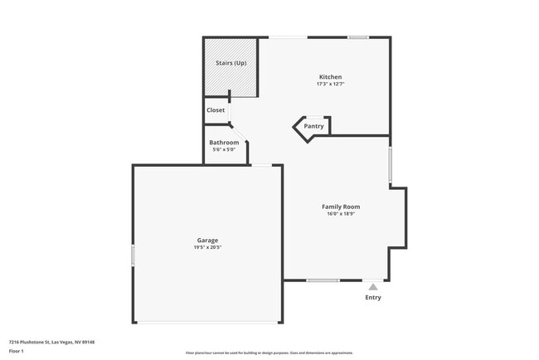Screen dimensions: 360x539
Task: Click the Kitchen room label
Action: coord(329,77)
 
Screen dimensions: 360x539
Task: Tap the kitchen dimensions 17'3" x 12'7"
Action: coord(329,85)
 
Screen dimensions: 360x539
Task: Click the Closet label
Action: coord(216,110)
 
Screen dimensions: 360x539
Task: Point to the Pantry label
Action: coord(313,127)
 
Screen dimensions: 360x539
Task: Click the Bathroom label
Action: coord(224,143)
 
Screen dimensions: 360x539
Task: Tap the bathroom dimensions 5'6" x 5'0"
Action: coord(224,150)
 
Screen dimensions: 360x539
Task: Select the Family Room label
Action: coord(341,207)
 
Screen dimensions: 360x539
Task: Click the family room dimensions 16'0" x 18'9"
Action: coord(341,214)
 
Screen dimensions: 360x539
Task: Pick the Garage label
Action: coord(207,241)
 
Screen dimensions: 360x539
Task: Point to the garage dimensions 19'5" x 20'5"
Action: coord(207,248)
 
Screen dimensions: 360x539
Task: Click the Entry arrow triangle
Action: coord(373,287)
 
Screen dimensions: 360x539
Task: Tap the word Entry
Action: coord(373,298)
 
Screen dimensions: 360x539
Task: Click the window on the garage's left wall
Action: coord(133,255)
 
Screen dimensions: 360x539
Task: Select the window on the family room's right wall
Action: coord(390,163)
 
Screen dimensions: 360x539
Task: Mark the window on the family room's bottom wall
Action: coord(323,280)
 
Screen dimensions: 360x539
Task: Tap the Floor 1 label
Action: coord(17,351)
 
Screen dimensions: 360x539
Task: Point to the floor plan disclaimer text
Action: coord(269,353)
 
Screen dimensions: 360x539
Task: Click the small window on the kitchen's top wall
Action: coord(358,37)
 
